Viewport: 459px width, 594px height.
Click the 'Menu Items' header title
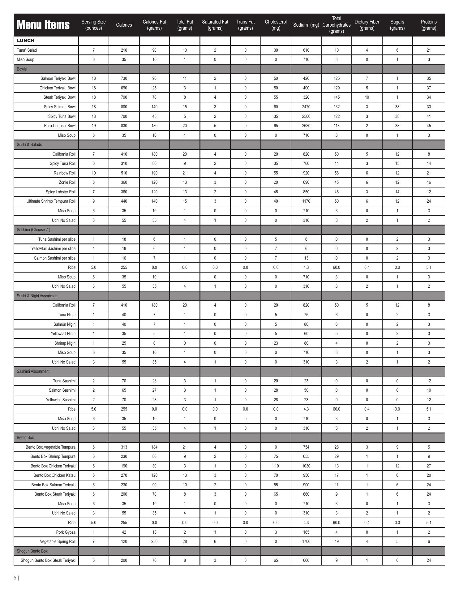43,25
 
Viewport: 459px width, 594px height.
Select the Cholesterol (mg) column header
276,25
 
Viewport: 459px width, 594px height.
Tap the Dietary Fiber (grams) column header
367,25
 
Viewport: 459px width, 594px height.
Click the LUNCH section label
26,41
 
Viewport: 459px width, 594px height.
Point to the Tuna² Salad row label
27,50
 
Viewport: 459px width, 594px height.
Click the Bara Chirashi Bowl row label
60,126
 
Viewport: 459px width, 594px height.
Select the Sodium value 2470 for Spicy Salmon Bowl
306,107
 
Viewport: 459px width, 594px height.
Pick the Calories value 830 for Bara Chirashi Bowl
124,126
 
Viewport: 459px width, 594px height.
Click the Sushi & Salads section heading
29,144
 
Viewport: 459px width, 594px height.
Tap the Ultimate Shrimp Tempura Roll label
51,201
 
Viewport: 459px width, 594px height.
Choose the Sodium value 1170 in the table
306,201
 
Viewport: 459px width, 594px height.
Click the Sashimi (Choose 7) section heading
33,230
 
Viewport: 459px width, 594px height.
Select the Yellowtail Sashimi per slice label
53,248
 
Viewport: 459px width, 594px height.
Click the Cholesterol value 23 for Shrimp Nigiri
276,343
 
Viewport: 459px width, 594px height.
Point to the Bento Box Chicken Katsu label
54,475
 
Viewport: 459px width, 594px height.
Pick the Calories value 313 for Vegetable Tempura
124,447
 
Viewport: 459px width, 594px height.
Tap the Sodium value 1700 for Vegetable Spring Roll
306,541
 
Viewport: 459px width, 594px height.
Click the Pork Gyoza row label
66,532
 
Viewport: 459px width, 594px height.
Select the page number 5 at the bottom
15,578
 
